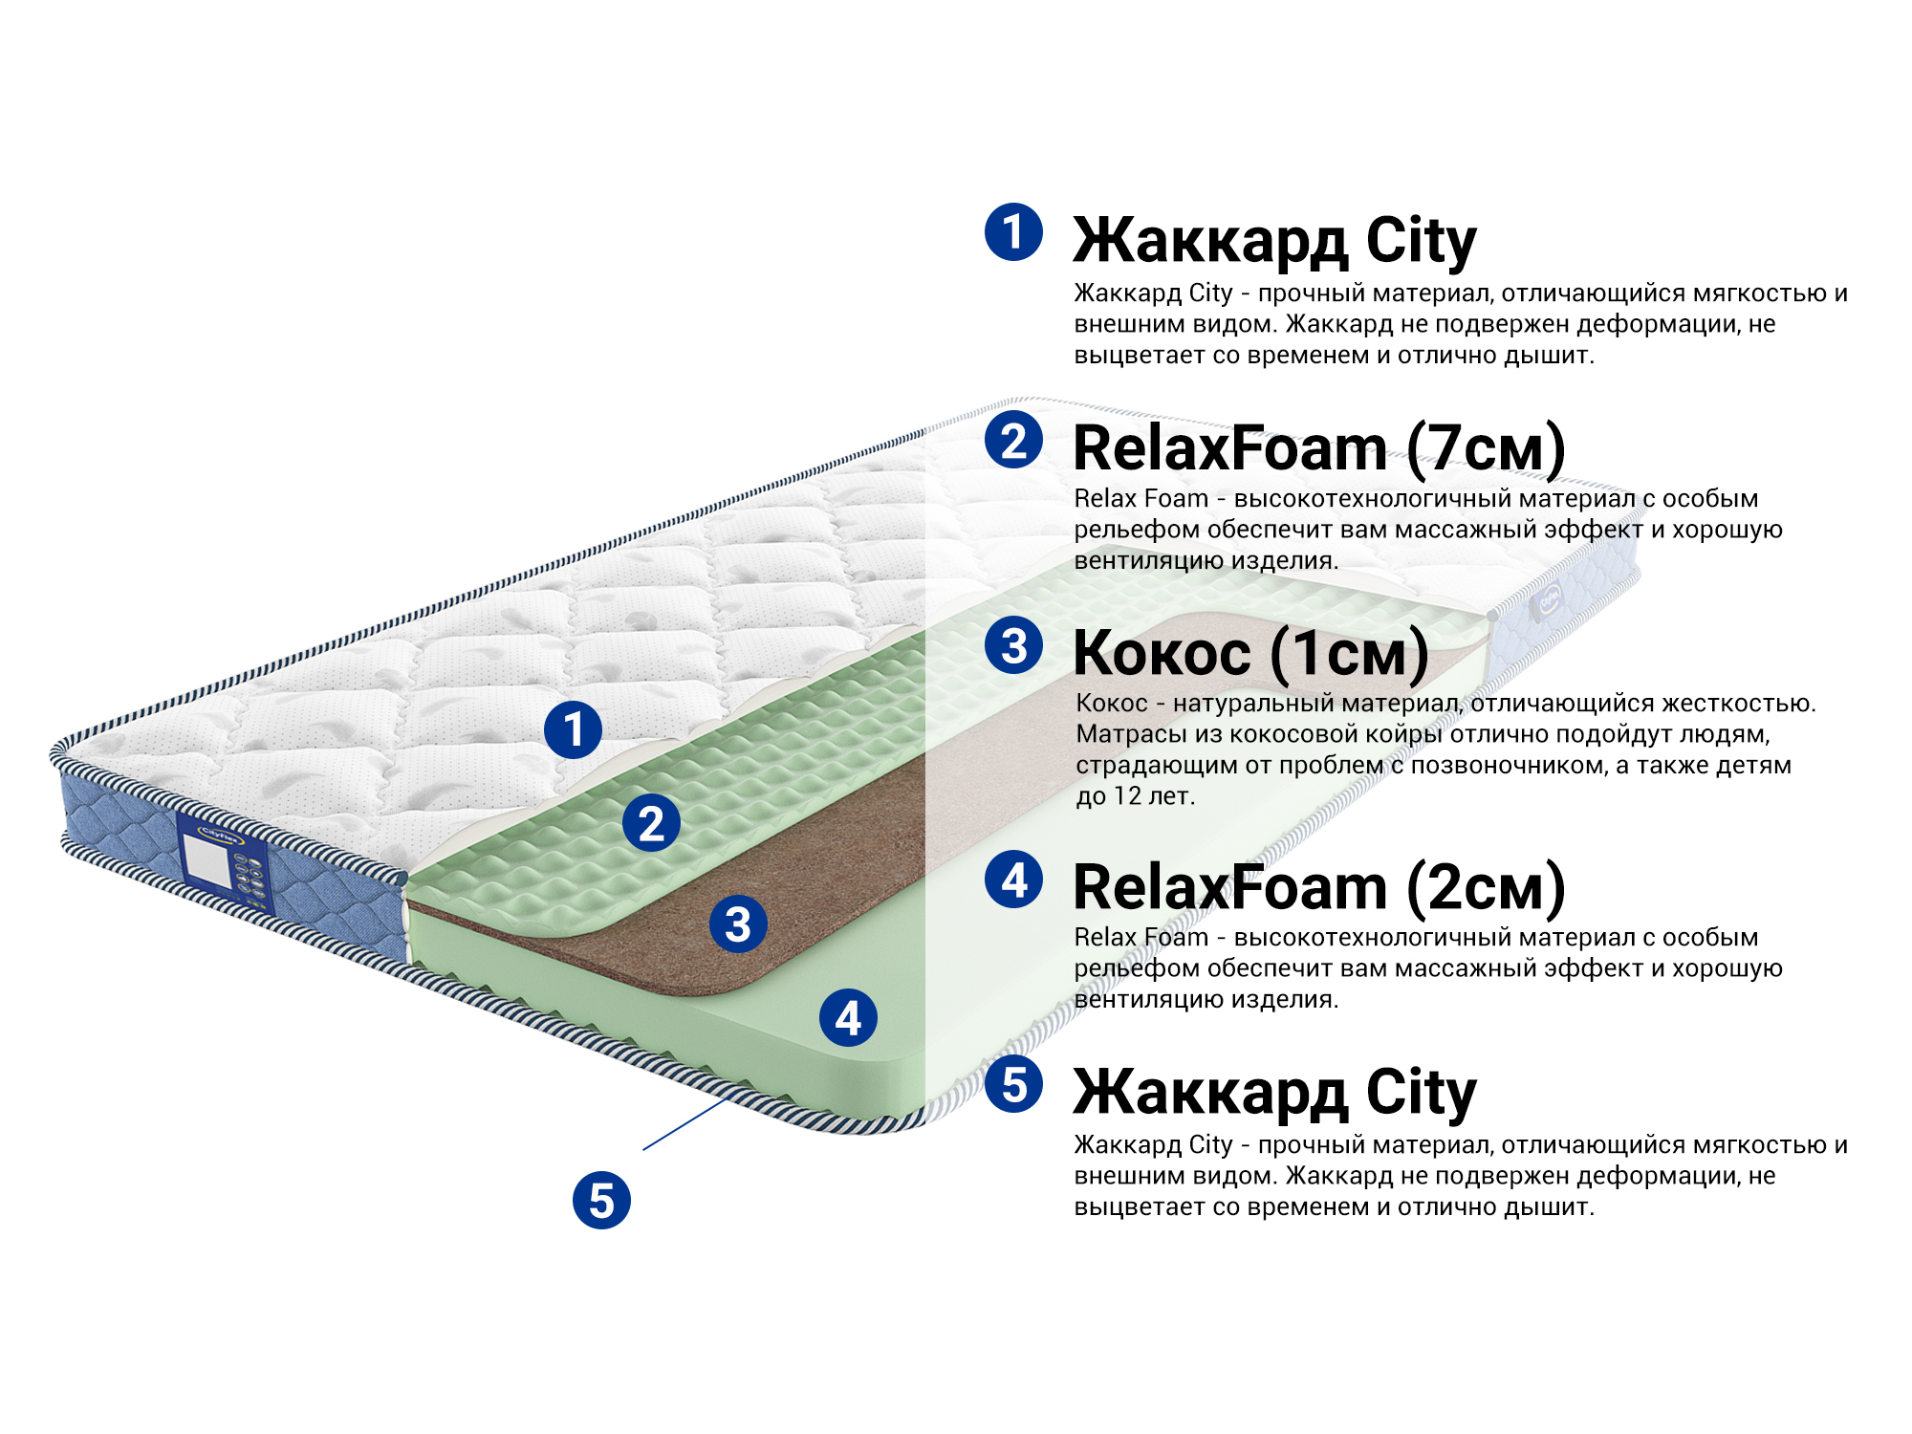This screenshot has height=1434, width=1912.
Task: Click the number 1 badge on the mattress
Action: [573, 730]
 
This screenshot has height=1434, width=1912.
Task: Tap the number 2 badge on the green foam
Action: [651, 823]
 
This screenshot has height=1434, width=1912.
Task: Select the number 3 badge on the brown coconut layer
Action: [738, 924]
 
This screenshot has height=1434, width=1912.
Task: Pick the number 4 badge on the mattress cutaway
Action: [848, 1018]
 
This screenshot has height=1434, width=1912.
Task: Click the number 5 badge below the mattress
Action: [601, 1201]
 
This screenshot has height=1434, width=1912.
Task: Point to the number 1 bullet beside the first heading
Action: [1013, 231]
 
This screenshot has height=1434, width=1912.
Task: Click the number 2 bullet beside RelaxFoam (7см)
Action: [1013, 440]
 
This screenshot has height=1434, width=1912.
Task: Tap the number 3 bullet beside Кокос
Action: [1013, 645]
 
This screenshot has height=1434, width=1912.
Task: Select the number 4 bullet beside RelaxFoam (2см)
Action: [1013, 880]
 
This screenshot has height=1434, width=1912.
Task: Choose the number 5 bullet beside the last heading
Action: [1013, 1084]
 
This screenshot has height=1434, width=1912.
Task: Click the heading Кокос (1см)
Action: [1250, 654]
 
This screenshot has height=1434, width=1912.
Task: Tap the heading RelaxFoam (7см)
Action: [1319, 448]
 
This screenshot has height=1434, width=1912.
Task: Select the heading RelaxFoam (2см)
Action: [1319, 887]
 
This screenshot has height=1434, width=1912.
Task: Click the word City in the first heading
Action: [1421, 241]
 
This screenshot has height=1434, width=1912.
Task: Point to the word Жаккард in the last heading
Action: [1209, 1093]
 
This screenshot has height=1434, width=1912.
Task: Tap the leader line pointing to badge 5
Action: [684, 1124]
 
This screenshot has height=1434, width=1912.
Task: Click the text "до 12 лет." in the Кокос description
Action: [1136, 796]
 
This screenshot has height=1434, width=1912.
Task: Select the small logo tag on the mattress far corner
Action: [1549, 600]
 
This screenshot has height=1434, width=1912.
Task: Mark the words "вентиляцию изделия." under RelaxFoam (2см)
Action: [1206, 1000]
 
